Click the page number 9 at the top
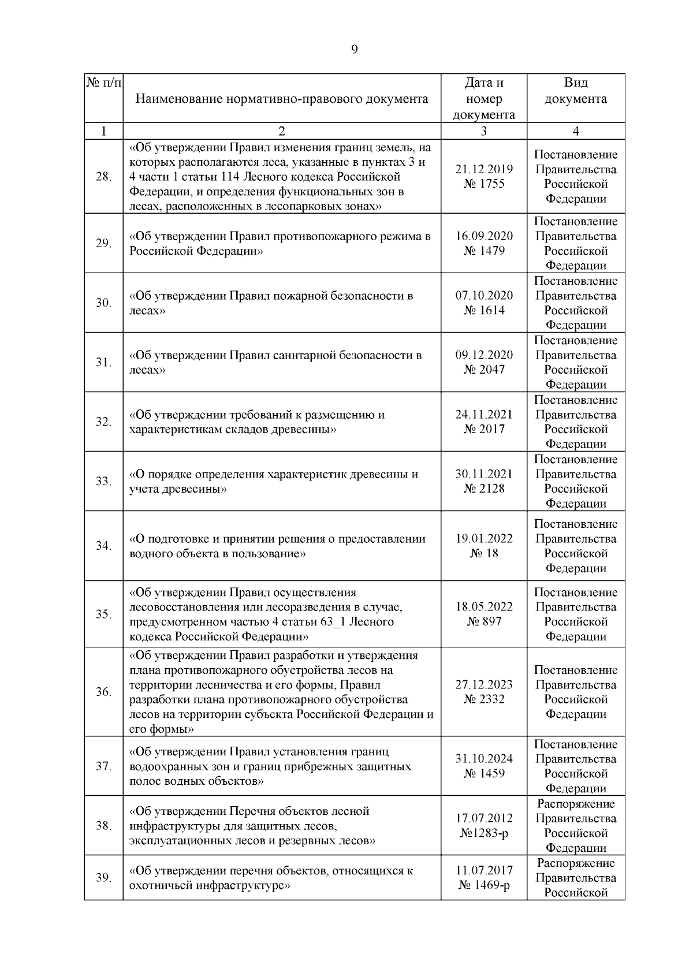pyautogui.click(x=354, y=50)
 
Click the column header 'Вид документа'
pyautogui.click(x=575, y=91)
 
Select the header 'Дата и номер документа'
pyautogui.click(x=483, y=98)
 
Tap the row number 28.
pyautogui.click(x=103, y=177)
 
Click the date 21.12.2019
pyautogui.click(x=484, y=169)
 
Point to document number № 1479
pyautogui.click(x=484, y=251)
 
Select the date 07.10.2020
pyautogui.click(x=484, y=296)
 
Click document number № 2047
pyautogui.click(x=484, y=370)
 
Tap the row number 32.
pyautogui.click(x=103, y=422)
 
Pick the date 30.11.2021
pyautogui.click(x=484, y=474)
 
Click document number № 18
pyautogui.click(x=484, y=553)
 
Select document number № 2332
pyautogui.click(x=484, y=699)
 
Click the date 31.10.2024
pyautogui.click(x=484, y=759)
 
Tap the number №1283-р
pyautogui.click(x=484, y=833)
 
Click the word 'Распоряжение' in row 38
pyautogui.click(x=576, y=804)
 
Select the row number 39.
pyautogui.click(x=103, y=878)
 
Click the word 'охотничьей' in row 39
pyautogui.click(x=159, y=885)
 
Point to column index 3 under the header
pyautogui.click(x=483, y=131)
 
